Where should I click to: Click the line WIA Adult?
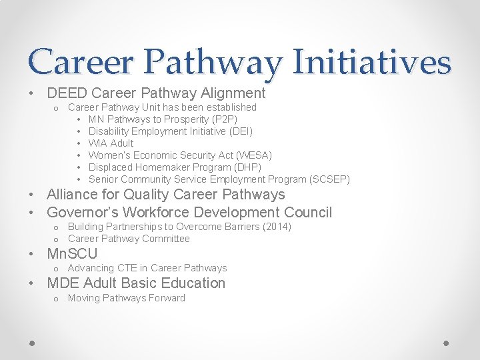pos(111,143)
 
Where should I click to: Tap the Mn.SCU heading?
pos(72,254)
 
